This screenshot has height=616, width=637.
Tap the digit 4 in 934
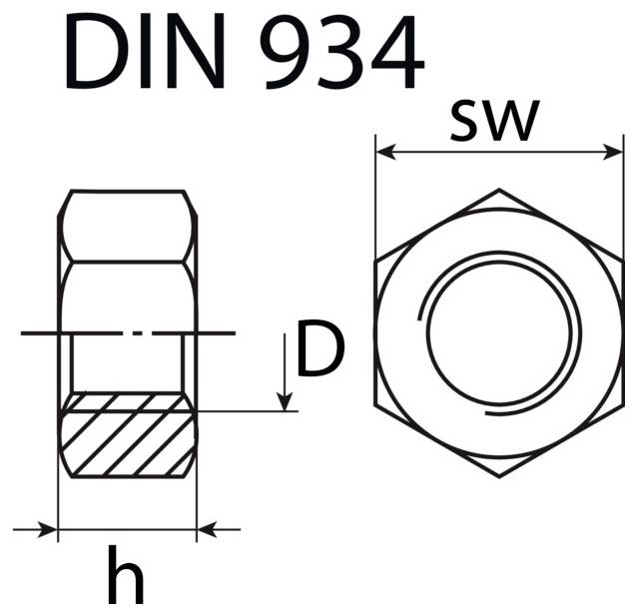click(392, 52)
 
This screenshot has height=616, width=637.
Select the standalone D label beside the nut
click(319, 351)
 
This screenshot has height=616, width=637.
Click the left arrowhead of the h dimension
click(49, 529)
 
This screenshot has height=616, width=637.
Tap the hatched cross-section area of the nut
click(127, 435)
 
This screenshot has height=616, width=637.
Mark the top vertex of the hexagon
click(498, 190)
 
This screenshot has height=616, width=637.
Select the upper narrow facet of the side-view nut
click(127, 226)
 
